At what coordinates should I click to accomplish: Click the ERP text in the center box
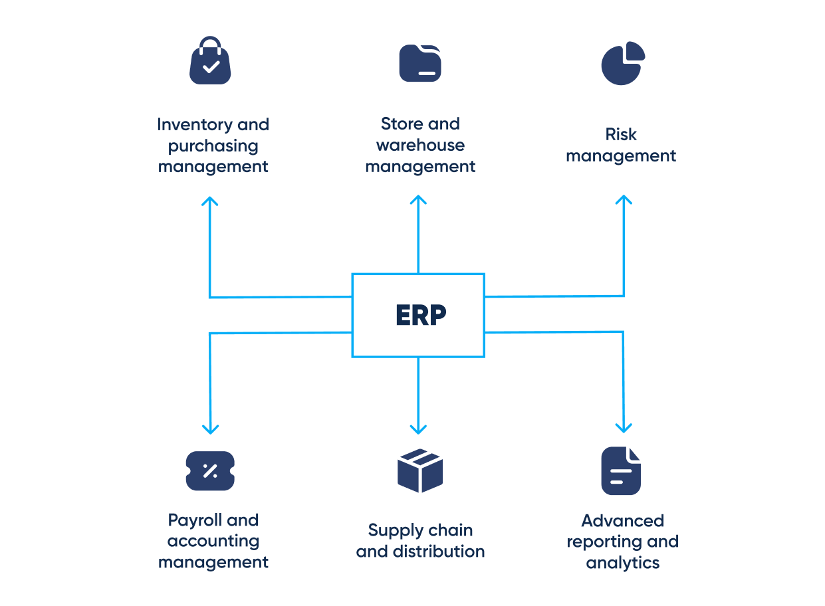420,315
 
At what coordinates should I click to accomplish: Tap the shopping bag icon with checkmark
210,61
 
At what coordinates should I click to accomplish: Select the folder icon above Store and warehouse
420,63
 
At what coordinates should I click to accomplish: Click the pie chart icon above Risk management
623,63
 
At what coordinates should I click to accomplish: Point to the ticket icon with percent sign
210,471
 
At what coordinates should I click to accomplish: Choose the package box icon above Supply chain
420,470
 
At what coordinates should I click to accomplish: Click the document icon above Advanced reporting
621,471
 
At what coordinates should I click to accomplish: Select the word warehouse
420,146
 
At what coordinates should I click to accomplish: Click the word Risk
621,135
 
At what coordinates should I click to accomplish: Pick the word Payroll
195,520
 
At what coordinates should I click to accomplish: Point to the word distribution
439,552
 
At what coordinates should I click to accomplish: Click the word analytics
623,563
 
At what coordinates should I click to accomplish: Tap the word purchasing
213,146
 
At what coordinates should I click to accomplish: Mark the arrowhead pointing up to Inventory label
210,201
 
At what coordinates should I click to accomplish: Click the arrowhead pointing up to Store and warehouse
418,199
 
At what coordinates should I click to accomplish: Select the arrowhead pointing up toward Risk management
624,199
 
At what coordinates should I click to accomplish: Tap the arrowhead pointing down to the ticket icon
210,429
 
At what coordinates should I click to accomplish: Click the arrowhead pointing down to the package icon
418,429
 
